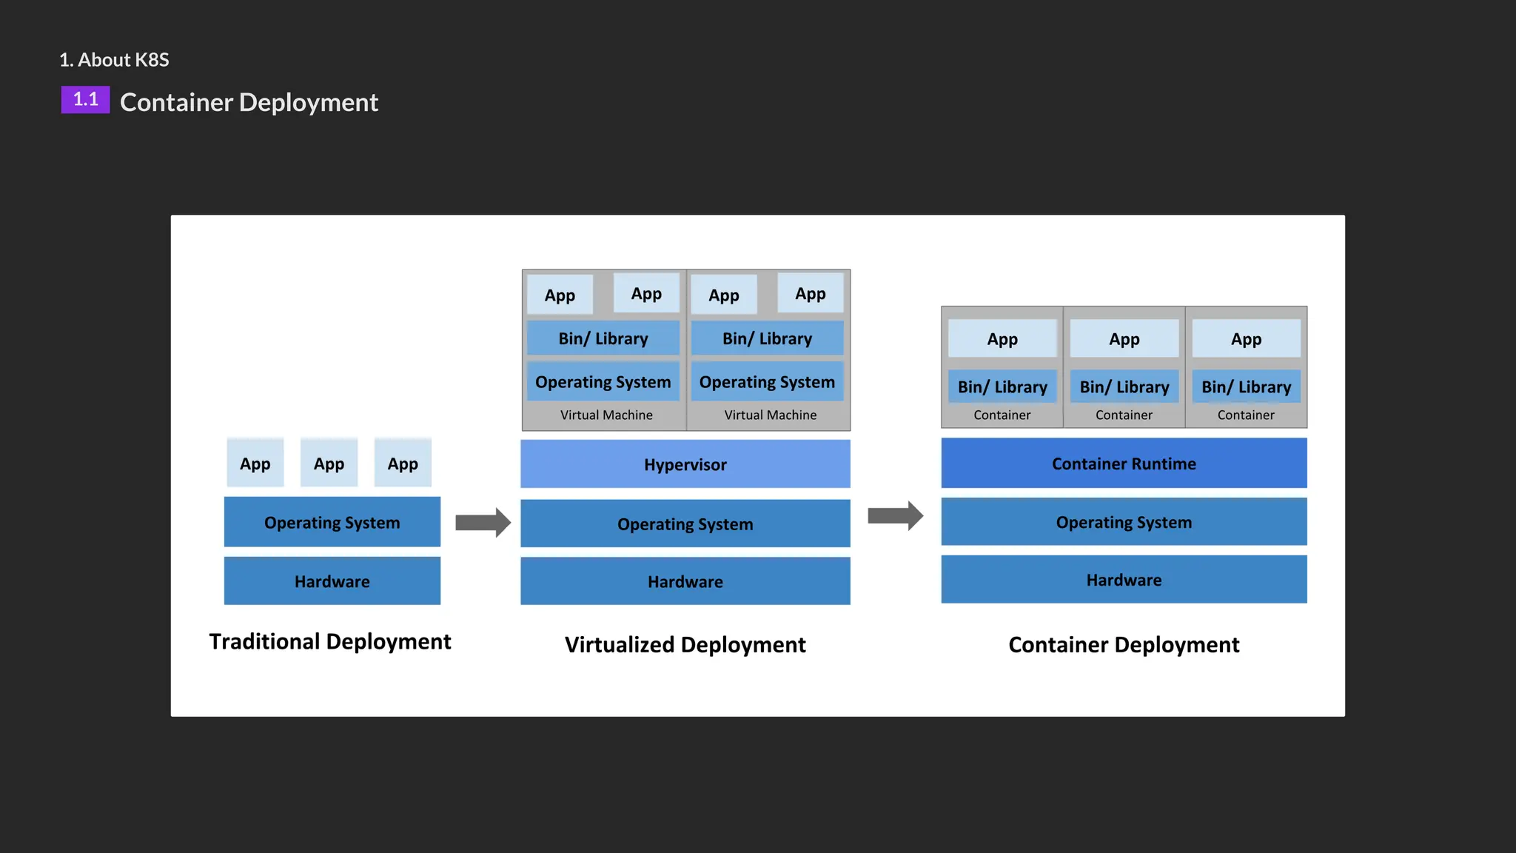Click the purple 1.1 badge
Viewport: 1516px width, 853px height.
tap(85, 100)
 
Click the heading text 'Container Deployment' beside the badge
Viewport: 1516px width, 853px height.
tap(249, 102)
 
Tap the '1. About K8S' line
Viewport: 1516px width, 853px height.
tap(114, 60)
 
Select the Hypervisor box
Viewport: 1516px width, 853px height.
tap(685, 464)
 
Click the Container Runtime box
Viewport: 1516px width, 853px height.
tap(1123, 464)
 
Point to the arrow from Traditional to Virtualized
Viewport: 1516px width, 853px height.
tap(483, 523)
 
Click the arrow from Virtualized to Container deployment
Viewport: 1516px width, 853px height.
tap(895, 515)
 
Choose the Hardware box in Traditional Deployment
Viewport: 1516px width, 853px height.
tap(332, 581)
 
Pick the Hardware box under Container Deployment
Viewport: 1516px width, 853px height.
tap(1123, 580)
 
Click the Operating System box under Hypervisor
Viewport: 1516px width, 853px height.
tap(685, 523)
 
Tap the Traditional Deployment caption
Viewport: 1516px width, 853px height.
tap(329, 641)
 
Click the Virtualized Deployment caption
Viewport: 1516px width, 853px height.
tap(685, 645)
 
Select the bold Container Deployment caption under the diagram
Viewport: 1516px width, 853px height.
tap(1123, 645)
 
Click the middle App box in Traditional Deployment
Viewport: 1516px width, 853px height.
tap(329, 464)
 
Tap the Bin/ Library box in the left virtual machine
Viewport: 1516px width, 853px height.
tap(603, 338)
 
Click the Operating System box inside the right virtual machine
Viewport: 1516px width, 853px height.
tap(767, 382)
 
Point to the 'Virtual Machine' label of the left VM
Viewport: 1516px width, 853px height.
tap(606, 415)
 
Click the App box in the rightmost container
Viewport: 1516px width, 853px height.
tap(1246, 339)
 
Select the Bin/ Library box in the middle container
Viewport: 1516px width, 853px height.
tap(1124, 387)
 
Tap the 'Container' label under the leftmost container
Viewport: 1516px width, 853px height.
tap(1002, 415)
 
